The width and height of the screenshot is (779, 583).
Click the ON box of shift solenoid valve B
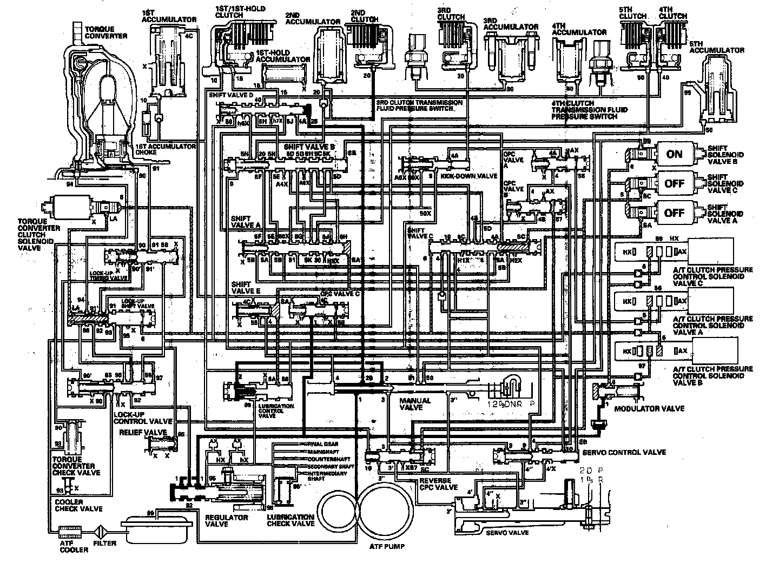pos(674,154)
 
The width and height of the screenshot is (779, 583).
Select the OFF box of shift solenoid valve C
pos(674,183)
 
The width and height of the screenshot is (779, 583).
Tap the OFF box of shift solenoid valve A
pos(674,213)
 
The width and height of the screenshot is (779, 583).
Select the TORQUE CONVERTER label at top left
pos(105,32)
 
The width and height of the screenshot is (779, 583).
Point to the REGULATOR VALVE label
pos(227,521)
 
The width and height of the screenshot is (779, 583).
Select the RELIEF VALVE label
pos(143,433)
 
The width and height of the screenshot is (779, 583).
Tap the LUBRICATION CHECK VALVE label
pos(291,520)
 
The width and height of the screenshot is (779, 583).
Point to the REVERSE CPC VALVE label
pos(439,483)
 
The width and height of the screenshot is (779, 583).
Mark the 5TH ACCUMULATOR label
pos(717,50)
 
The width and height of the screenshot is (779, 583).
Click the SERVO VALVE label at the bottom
pos(507,533)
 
